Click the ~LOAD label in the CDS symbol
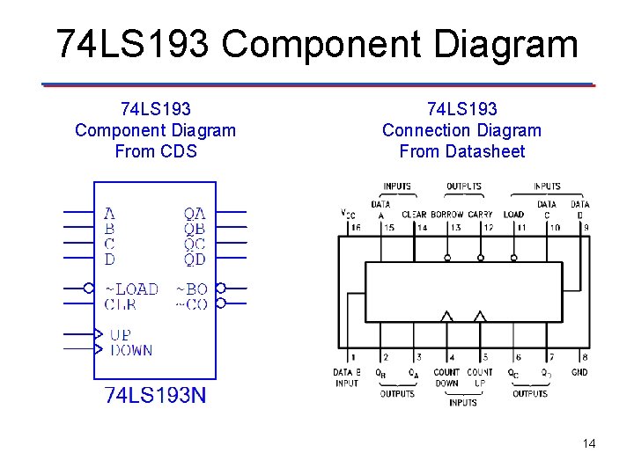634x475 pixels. [x=132, y=289]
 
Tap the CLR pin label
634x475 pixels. [x=122, y=304]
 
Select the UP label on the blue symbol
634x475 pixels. [x=121, y=335]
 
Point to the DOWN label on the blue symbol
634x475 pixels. [x=131, y=350]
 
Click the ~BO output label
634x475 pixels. [x=192, y=289]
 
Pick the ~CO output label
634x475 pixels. [x=192, y=304]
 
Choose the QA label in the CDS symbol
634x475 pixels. [x=195, y=214]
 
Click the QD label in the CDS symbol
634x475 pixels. [x=195, y=259]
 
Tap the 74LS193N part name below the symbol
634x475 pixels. [x=156, y=395]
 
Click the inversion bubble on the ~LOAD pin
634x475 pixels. [x=88, y=288]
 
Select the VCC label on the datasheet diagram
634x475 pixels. [x=349, y=213]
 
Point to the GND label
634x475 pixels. [x=579, y=372]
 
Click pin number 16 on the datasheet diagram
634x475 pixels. [x=356, y=228]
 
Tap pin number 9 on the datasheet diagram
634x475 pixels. [x=586, y=228]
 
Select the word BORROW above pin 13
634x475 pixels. [x=447, y=215]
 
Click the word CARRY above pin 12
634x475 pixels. [x=481, y=215]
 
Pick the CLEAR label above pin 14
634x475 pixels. [x=414, y=215]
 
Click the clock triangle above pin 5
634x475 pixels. [x=480, y=315]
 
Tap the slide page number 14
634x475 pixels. [x=589, y=443]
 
